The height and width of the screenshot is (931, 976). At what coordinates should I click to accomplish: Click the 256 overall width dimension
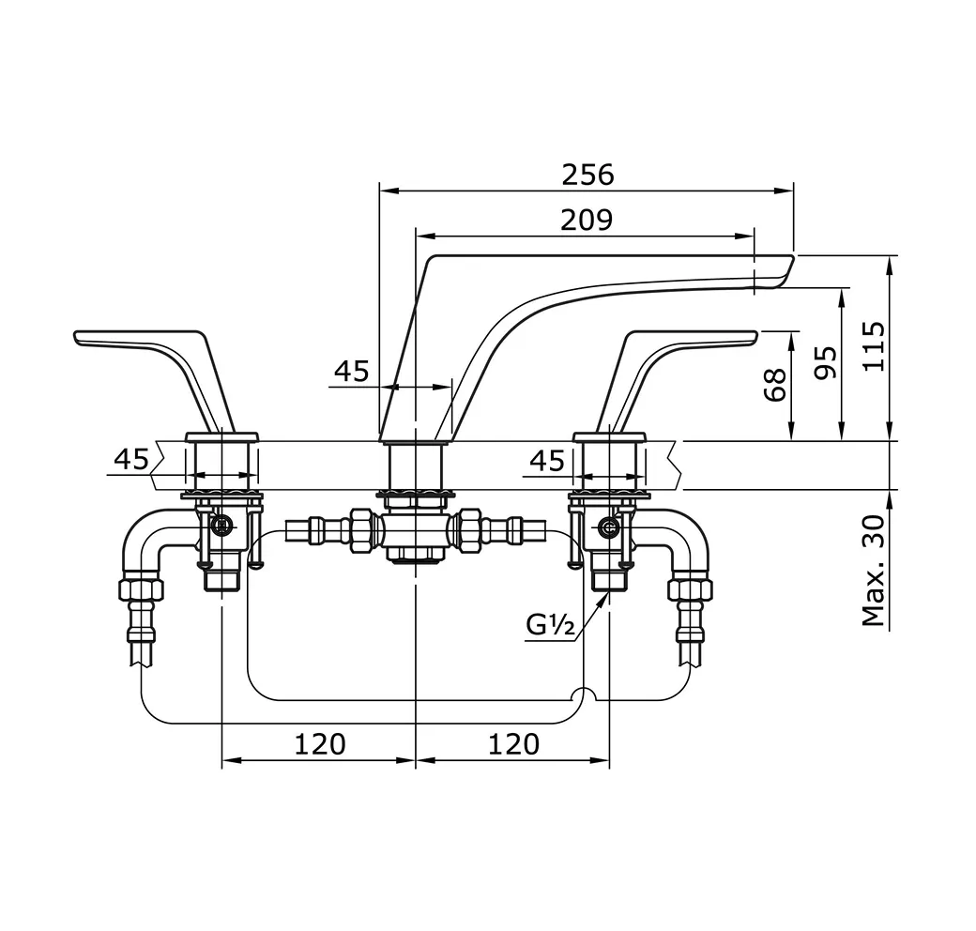(x=587, y=175)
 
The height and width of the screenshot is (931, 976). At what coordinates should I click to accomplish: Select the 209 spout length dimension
(x=587, y=220)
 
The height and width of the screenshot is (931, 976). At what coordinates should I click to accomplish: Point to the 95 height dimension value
(x=825, y=361)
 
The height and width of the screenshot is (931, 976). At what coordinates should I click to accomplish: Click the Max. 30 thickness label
(x=874, y=572)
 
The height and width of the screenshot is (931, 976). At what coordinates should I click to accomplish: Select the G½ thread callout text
(x=550, y=625)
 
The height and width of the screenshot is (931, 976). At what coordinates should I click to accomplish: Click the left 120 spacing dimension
(x=320, y=744)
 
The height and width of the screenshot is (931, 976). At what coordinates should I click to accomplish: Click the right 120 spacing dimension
(x=513, y=744)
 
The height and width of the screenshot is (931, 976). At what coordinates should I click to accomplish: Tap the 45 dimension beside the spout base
(x=352, y=372)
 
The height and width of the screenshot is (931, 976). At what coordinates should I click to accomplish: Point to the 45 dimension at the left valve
(x=131, y=459)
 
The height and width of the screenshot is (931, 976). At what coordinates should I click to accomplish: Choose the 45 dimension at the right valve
(x=547, y=460)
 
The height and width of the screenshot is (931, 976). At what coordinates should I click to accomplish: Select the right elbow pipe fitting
(x=690, y=541)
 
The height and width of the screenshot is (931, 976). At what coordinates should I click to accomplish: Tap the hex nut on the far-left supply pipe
(x=141, y=589)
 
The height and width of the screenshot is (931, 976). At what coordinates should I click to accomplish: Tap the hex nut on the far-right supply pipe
(x=690, y=589)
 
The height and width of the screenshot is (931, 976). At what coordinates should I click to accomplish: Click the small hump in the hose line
(x=584, y=695)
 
